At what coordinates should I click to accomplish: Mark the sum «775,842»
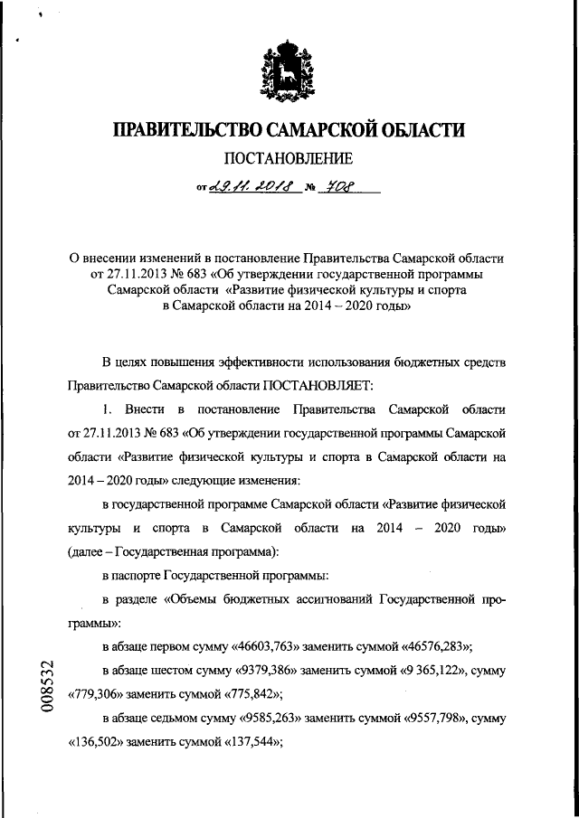[x=246, y=694]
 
